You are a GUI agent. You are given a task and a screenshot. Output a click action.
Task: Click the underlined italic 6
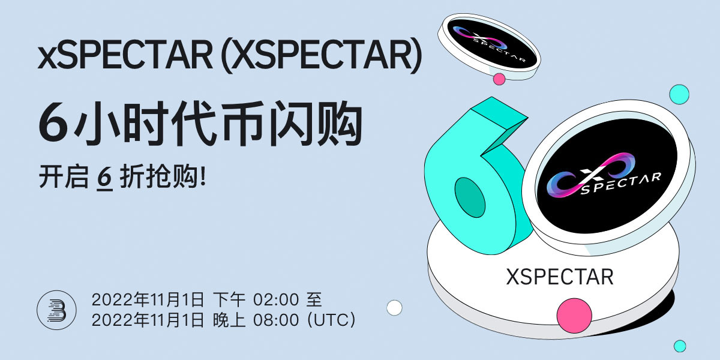(x=105, y=178)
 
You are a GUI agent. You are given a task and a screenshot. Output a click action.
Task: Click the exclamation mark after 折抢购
(x=202, y=178)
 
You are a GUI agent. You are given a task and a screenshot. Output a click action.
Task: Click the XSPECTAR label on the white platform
(x=559, y=277)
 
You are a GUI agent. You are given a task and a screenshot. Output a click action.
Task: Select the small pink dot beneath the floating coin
(x=499, y=79)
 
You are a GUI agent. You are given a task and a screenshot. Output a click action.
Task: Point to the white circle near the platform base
(x=394, y=308)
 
